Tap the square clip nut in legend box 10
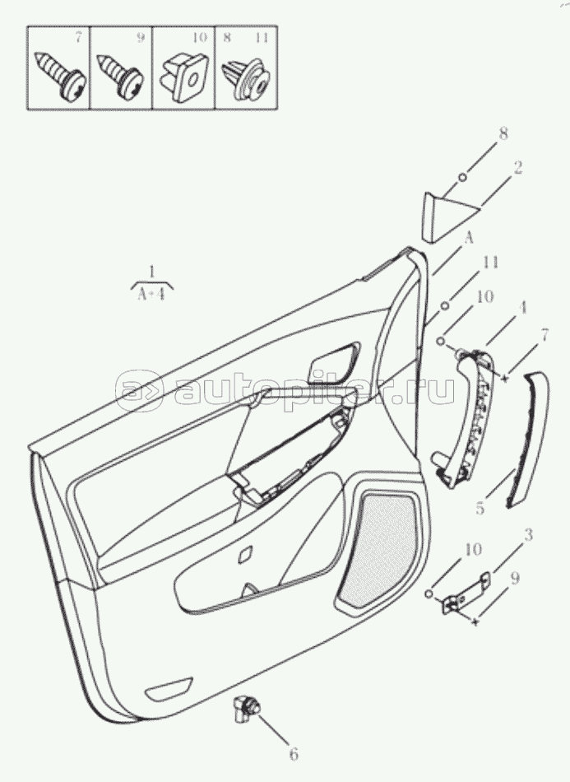click(x=185, y=76)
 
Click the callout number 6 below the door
click(x=293, y=753)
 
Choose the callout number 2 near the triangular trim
click(x=517, y=168)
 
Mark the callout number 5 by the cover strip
click(x=480, y=508)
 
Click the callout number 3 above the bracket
click(x=528, y=535)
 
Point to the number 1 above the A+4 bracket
click(x=152, y=272)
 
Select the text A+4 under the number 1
click(x=151, y=294)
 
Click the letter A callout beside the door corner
click(x=468, y=240)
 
